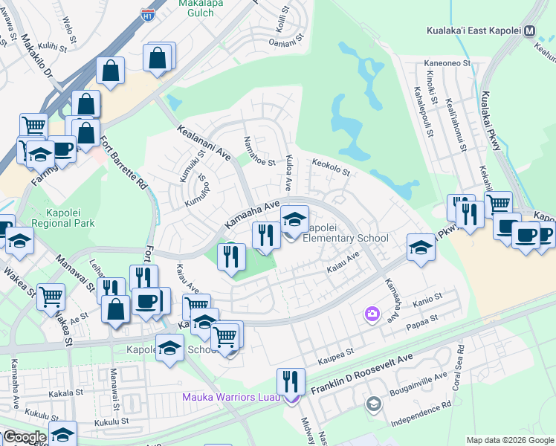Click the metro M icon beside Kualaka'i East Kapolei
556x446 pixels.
tap(530, 31)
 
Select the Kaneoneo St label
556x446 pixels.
tap(447, 65)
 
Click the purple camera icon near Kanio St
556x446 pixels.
tap(371, 314)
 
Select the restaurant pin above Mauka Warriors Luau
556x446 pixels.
tap(291, 382)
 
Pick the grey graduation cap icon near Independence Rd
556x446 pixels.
tap(374, 404)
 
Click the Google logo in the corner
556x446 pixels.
tap(25, 437)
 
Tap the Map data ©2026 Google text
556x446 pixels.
tap(509, 440)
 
